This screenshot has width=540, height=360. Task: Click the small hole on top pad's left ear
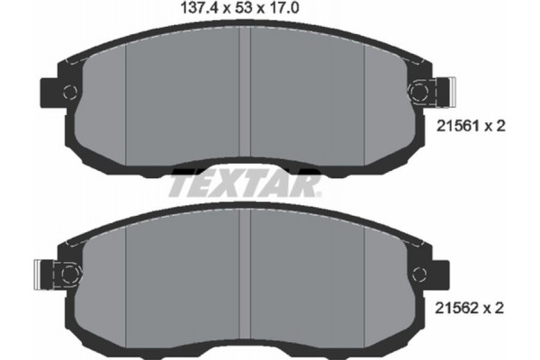(68, 90)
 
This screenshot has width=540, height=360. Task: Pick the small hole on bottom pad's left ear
(68, 268)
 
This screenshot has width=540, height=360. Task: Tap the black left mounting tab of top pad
(49, 91)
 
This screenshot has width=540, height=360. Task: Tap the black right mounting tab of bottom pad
(438, 269)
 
